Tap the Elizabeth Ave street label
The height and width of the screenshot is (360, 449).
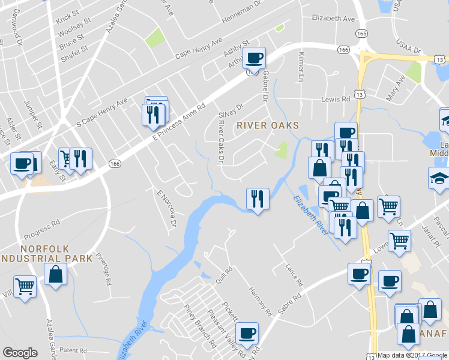coord(333,19)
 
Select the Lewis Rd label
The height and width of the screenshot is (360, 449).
coord(335,99)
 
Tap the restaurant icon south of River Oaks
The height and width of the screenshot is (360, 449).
coord(258,198)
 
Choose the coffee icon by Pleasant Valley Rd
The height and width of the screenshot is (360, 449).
coord(246,332)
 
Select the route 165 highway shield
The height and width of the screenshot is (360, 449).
coord(361,34)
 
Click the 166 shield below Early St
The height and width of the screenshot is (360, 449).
coord(116,163)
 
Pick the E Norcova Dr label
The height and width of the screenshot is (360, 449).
coord(166,208)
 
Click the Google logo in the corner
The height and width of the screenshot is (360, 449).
coord(20,353)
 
